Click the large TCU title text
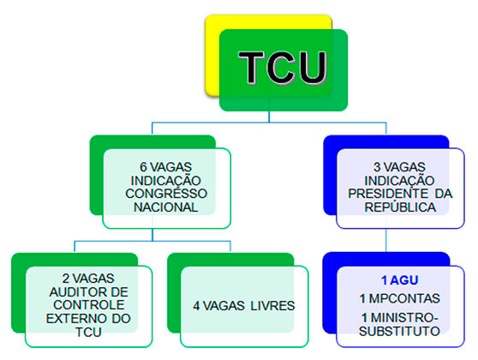283,68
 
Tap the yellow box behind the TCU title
212,55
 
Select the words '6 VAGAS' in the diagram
166,167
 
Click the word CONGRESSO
166,194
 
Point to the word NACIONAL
166,207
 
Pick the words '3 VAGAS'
399,167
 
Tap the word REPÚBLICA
400,207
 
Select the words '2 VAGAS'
88,279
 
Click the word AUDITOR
75,292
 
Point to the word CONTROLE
89,305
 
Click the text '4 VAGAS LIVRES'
244,306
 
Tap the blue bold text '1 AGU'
400,280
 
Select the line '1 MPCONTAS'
400,298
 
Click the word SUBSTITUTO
399,332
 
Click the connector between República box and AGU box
386,240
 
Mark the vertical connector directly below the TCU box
269,117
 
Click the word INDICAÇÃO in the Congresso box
166,181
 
